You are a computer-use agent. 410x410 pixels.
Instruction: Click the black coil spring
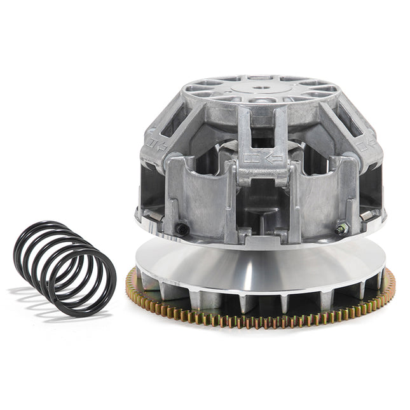[x=64, y=267]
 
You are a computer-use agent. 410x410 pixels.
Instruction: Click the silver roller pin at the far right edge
[x=371, y=217]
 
